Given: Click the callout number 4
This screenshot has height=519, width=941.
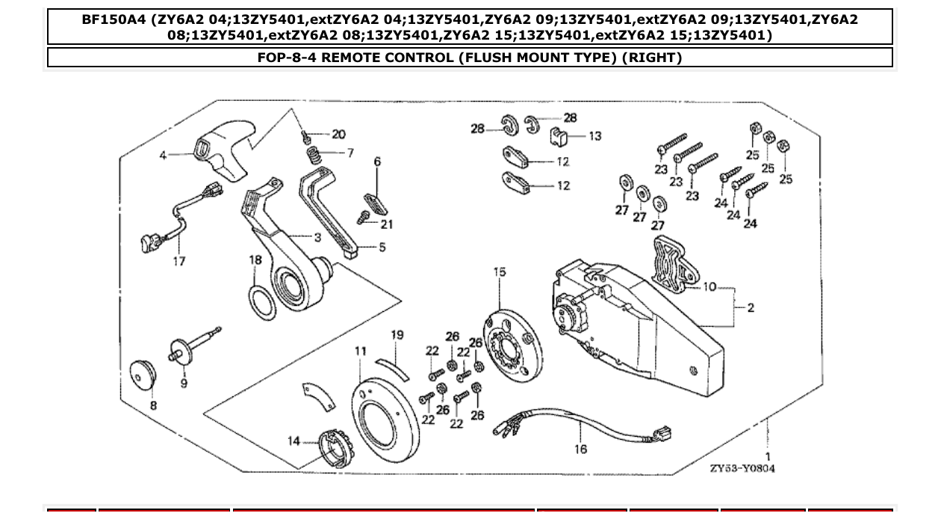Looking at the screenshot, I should click(x=163, y=156).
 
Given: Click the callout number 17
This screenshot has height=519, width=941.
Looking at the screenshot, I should click(x=179, y=262).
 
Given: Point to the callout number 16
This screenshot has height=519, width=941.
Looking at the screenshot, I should click(x=581, y=449).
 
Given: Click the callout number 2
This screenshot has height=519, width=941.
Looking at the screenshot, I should click(x=751, y=308).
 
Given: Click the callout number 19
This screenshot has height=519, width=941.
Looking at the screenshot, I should click(x=397, y=335).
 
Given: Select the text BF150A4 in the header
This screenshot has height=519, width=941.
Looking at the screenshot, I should click(x=114, y=19).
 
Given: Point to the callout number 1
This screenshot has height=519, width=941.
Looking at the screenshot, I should click(x=768, y=455).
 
